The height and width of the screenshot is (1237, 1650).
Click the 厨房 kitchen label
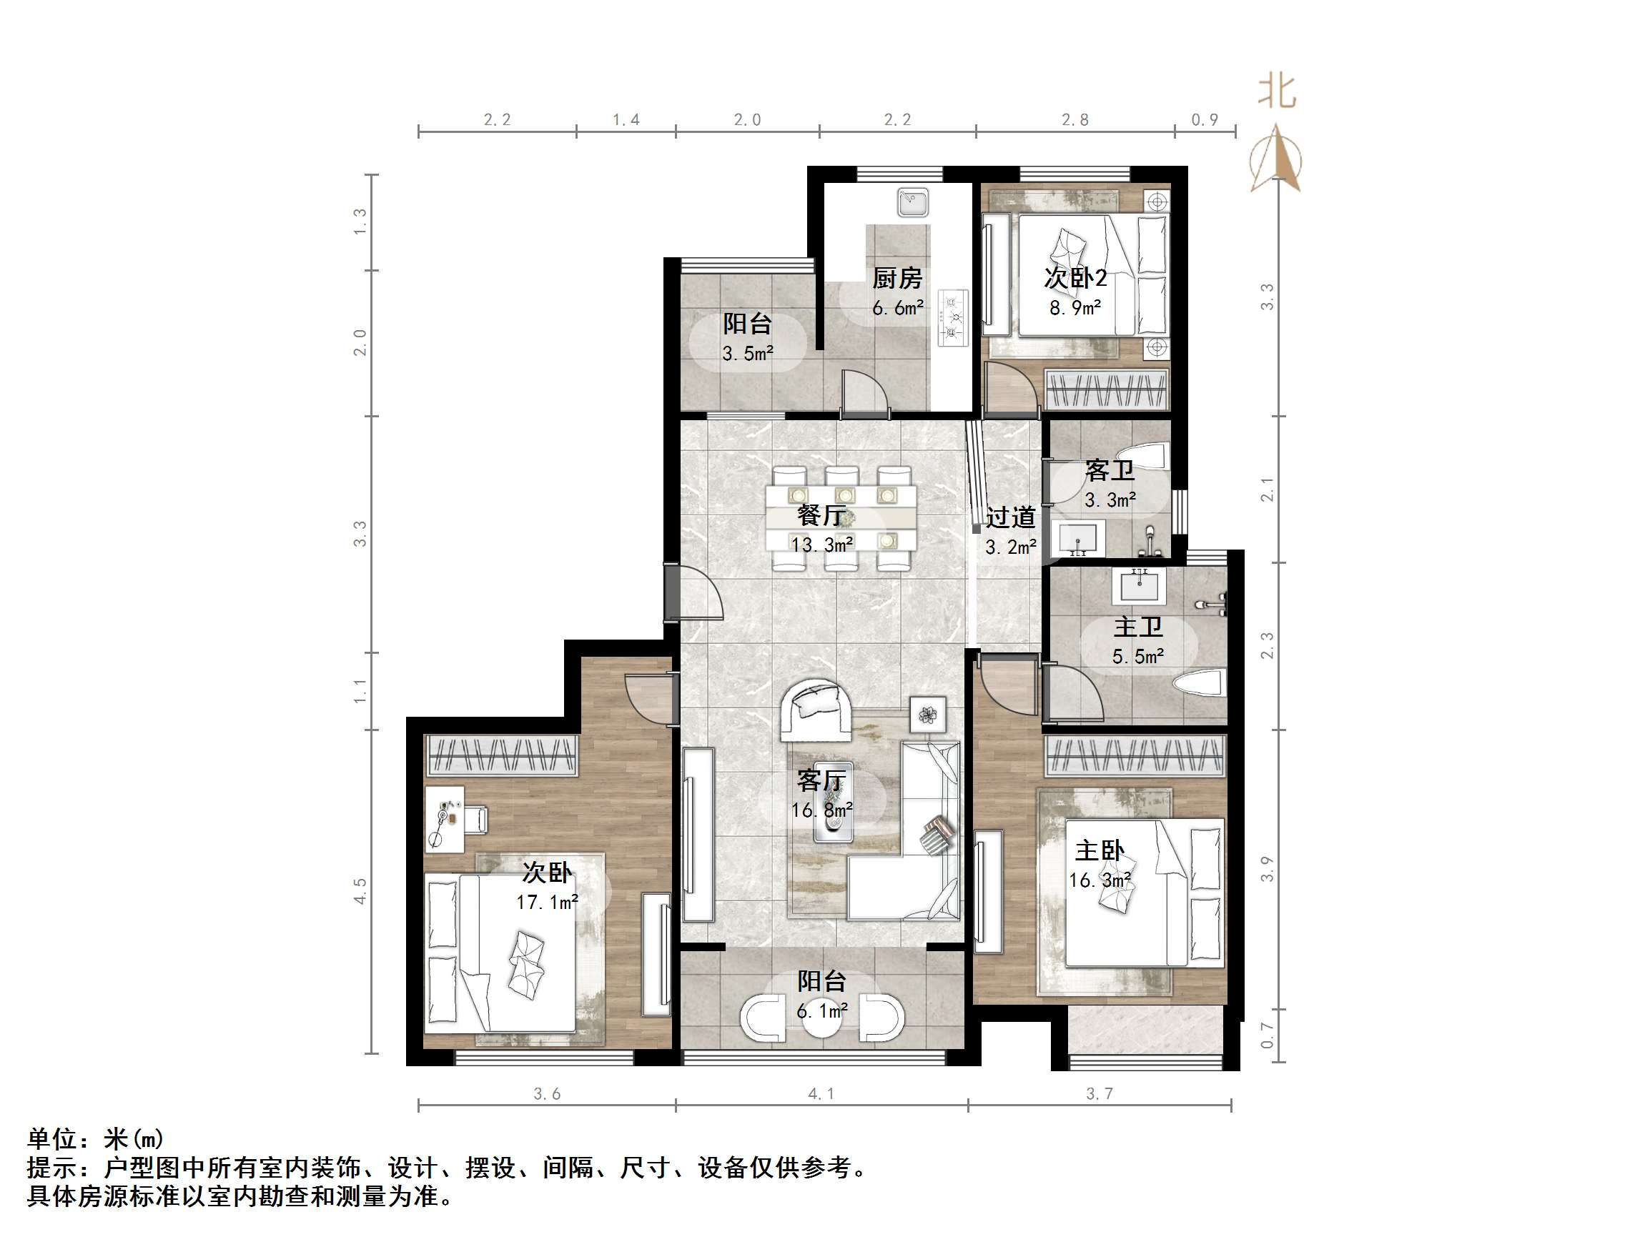tap(897, 278)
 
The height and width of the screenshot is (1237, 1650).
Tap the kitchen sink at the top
tap(912, 202)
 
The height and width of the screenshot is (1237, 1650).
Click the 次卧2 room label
tap(1075, 278)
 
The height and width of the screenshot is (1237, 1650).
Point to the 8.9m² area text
tap(1075, 308)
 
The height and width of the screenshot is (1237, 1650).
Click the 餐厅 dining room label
tap(821, 515)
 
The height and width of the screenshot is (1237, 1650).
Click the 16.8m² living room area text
tap(821, 810)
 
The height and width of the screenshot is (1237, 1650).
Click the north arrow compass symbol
tap(1277, 160)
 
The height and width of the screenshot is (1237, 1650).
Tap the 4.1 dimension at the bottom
tap(821, 1094)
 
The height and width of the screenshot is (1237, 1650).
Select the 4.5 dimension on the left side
tap(360, 892)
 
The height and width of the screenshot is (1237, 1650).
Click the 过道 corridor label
tap(1011, 517)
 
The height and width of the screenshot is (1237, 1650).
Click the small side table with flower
tap(928, 715)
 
